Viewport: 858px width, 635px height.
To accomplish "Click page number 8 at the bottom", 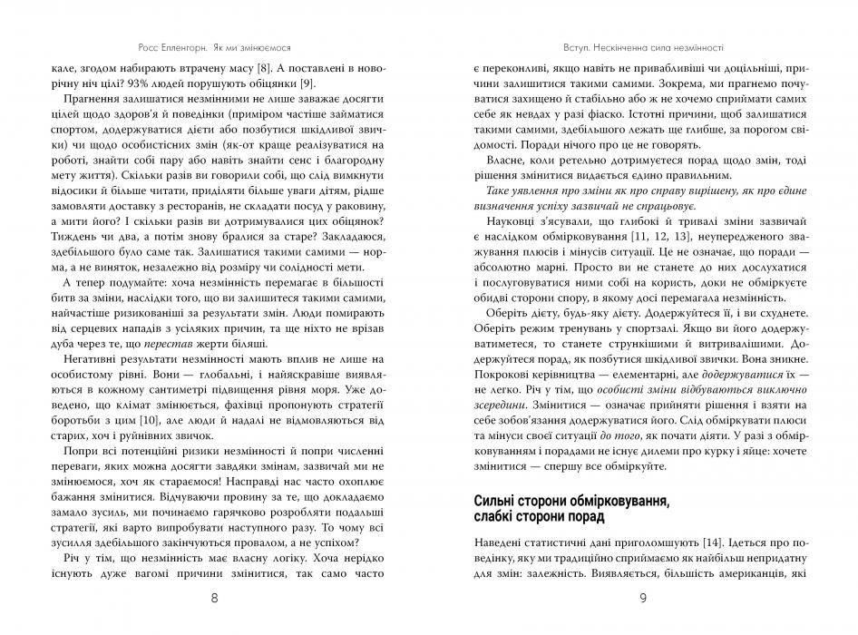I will coord(214,599).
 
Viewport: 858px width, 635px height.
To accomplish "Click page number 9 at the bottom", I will coord(642,599).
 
